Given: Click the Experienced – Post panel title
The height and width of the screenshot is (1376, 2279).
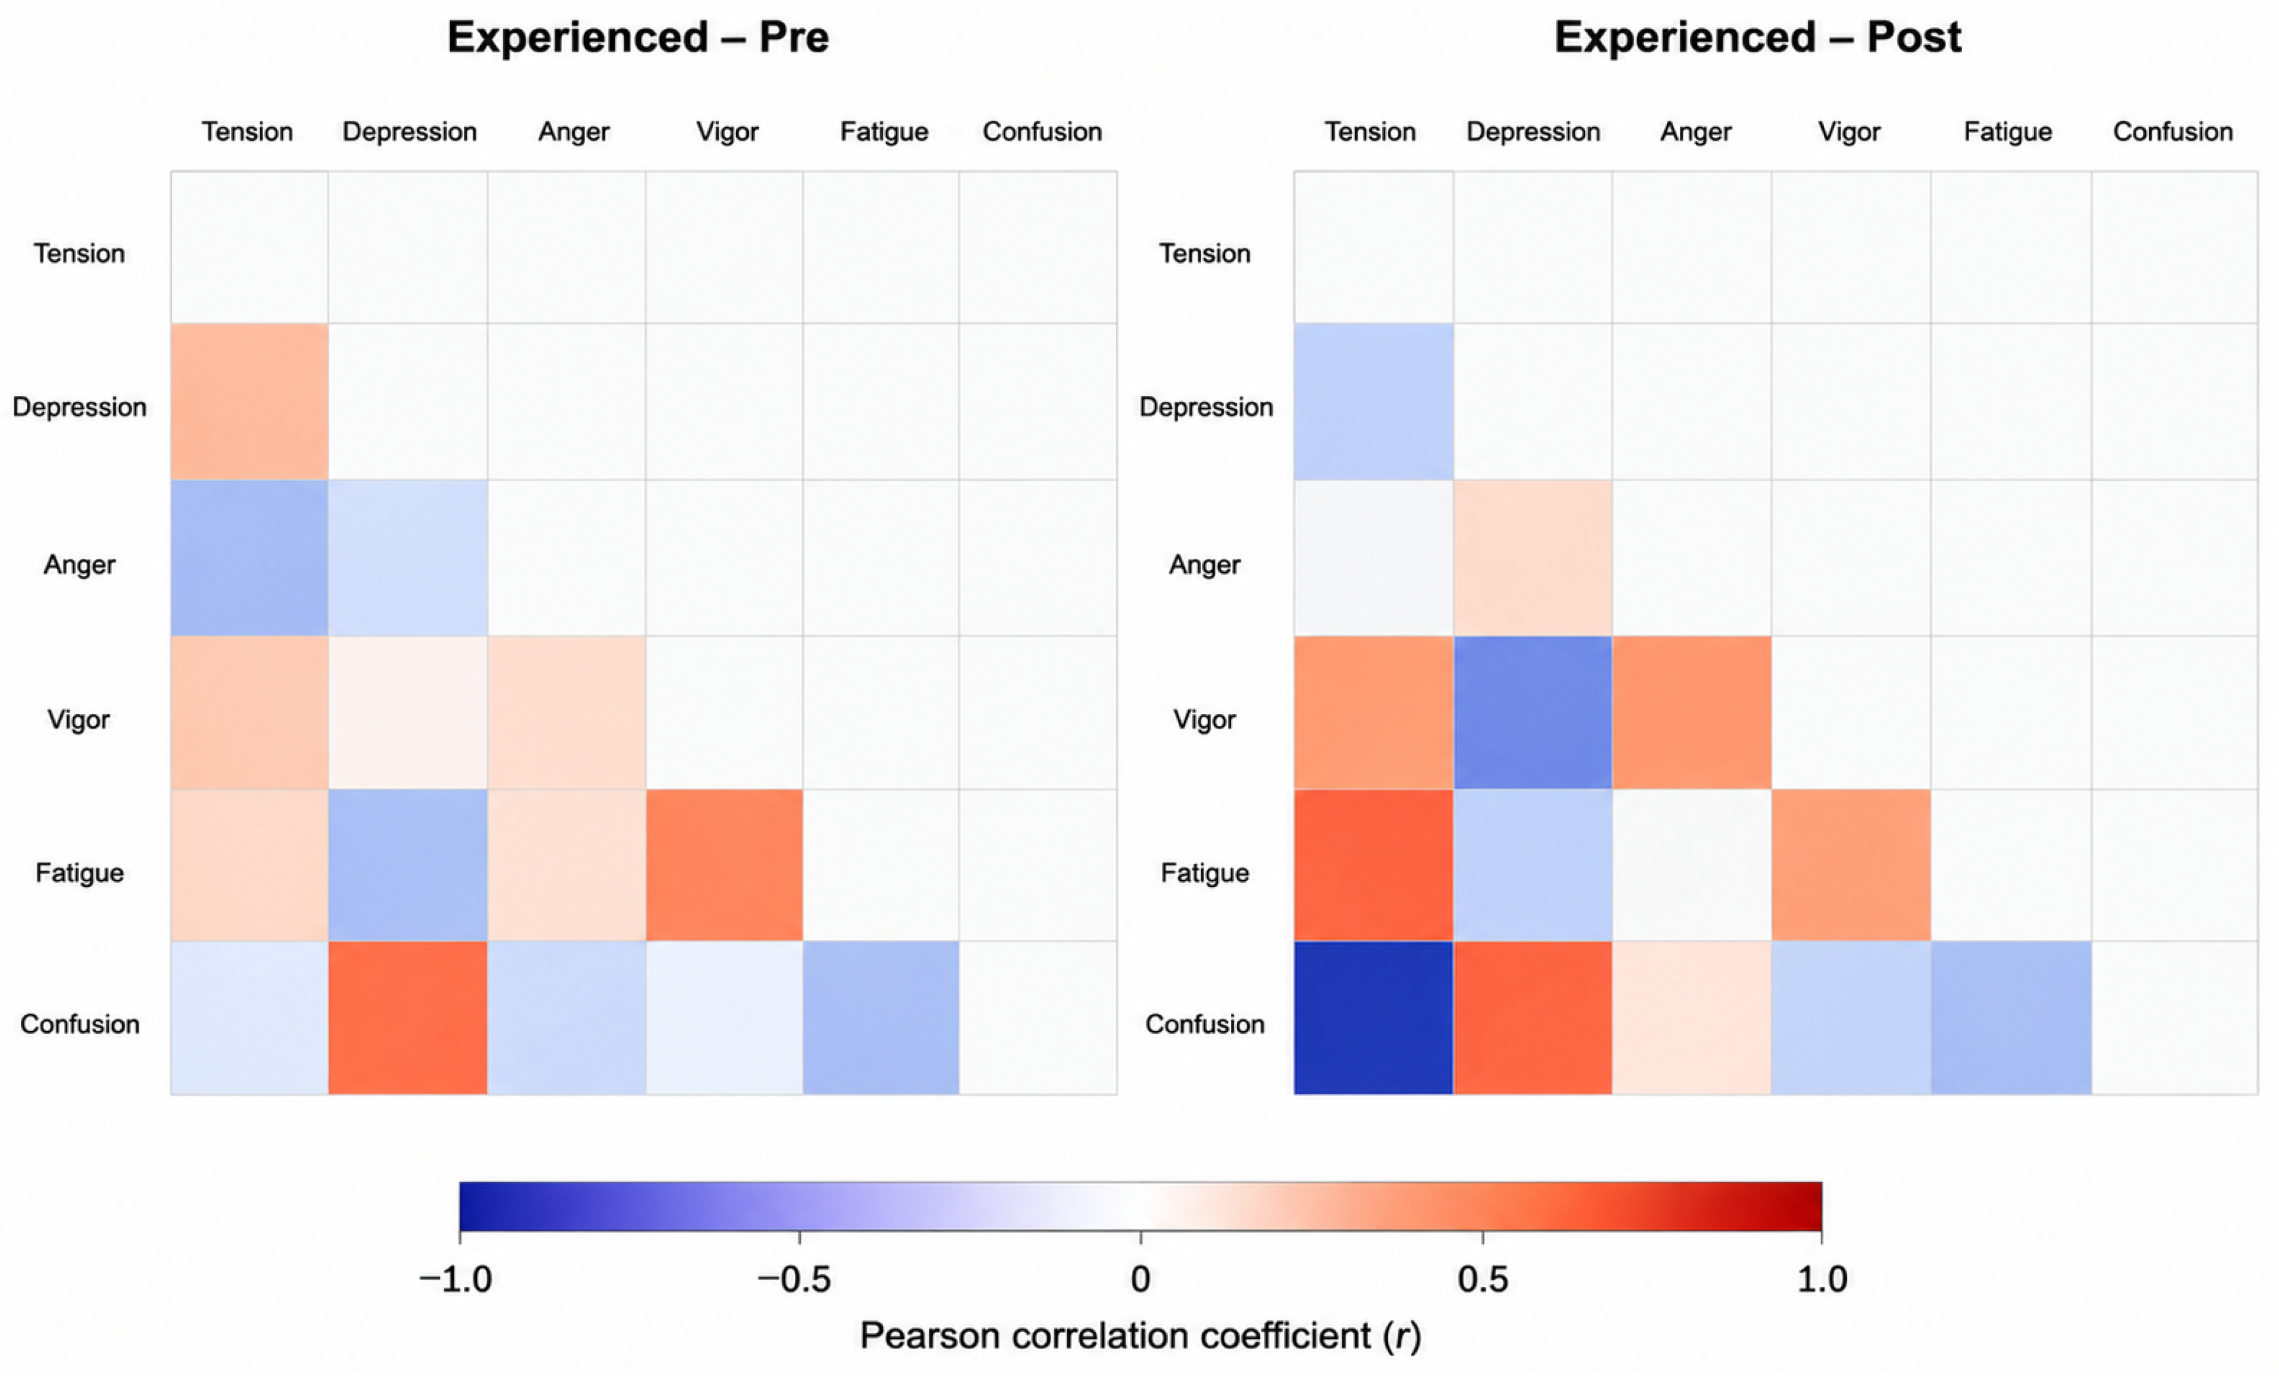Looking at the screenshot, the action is (1757, 37).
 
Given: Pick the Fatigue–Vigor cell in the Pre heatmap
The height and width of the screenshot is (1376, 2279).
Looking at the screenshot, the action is (724, 865).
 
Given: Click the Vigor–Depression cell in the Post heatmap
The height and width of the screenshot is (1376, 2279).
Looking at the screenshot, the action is (1533, 713).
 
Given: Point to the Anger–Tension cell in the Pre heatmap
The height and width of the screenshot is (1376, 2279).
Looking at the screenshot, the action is (250, 557).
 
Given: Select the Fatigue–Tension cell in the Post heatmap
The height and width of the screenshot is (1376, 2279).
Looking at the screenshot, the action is (1374, 865).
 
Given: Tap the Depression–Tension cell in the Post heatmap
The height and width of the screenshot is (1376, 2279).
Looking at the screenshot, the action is (1374, 401).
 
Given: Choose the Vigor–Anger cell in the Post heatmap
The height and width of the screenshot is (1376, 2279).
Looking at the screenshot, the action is (1692, 713).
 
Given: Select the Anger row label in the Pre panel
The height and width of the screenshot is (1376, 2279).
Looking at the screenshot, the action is (79, 564).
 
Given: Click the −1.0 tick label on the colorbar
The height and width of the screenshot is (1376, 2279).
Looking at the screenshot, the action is (455, 1279).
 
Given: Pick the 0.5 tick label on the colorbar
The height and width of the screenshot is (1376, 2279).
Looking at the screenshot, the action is (1483, 1279).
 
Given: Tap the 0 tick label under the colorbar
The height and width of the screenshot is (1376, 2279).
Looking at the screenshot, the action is (1140, 1279).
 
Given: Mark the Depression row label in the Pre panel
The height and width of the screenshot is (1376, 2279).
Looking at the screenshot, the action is (79, 408).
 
